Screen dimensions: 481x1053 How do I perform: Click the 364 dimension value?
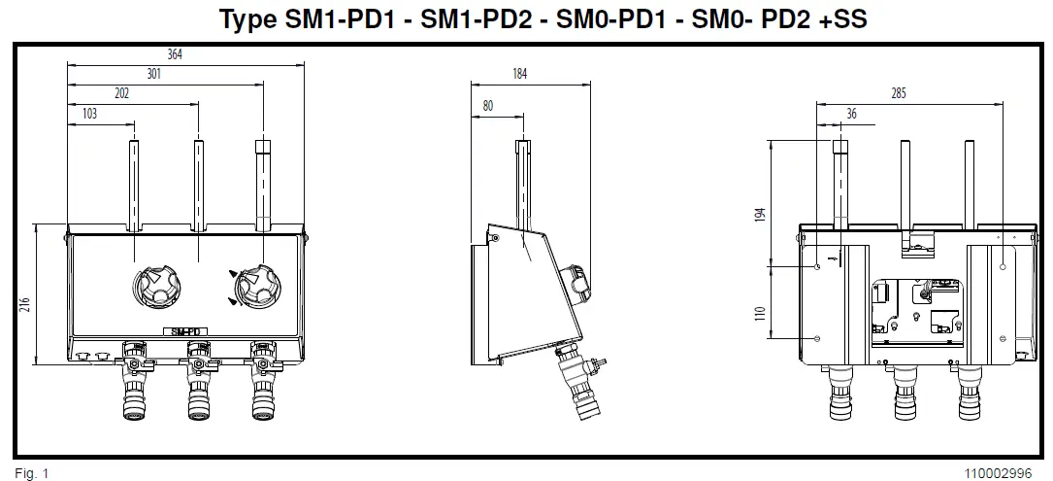tap(175, 55)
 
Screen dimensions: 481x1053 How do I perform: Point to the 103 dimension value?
tap(90, 115)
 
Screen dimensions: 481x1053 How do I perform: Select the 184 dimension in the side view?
tap(520, 75)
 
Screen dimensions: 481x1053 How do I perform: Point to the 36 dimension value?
tap(851, 115)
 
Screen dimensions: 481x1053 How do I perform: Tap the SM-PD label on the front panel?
tap(185, 331)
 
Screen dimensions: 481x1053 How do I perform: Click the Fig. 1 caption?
tap(32, 474)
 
